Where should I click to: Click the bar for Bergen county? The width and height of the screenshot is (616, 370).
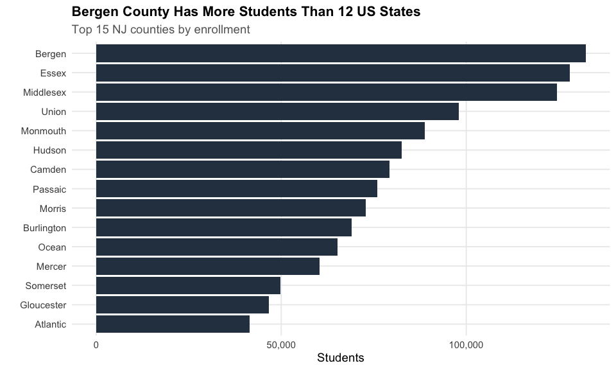(340, 53)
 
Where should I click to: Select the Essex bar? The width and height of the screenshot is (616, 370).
(332, 73)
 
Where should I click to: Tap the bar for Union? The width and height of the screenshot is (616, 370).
(277, 112)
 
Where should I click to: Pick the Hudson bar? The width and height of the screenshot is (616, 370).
(248, 150)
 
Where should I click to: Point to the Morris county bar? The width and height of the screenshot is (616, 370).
(230, 208)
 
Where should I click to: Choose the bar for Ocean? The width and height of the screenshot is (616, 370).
(216, 247)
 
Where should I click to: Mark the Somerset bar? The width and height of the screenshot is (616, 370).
(188, 286)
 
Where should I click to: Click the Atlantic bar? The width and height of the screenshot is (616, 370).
(173, 324)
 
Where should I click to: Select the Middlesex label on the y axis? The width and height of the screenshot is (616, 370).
(44, 92)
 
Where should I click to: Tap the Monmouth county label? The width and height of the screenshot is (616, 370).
(43, 131)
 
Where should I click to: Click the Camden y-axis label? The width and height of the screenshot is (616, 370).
(48, 170)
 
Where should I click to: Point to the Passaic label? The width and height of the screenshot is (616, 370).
(49, 189)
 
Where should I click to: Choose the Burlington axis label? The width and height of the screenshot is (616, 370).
(44, 228)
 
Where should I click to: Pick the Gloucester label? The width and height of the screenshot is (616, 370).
(43, 305)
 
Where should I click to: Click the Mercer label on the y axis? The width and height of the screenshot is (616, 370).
(51, 267)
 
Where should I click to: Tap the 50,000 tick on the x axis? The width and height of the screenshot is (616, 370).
(281, 345)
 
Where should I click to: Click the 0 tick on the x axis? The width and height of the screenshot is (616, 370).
(96, 345)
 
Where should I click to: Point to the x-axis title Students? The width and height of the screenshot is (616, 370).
(341, 358)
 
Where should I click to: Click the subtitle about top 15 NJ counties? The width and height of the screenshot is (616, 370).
(161, 30)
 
